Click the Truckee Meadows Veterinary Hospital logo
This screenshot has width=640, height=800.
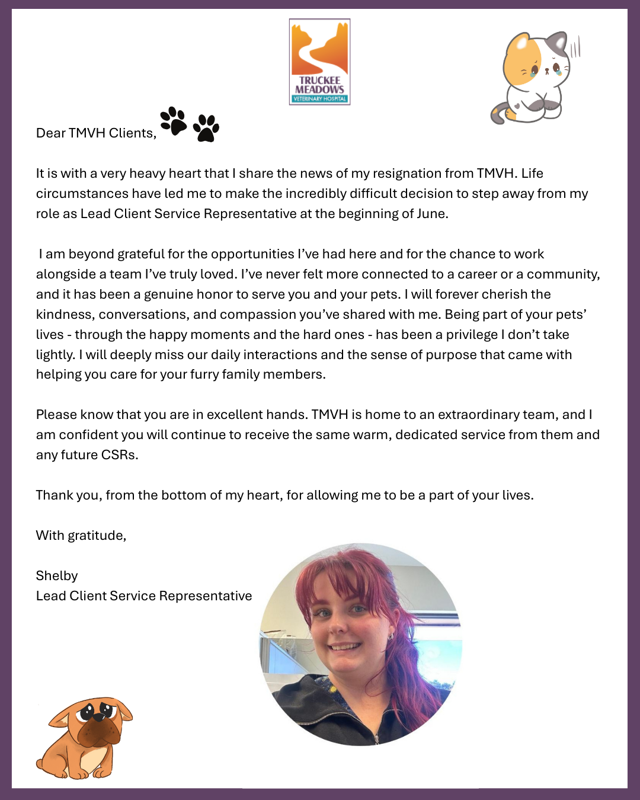[319, 62]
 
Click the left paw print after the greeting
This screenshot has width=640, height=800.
[173, 121]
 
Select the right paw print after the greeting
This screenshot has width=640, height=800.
[206, 128]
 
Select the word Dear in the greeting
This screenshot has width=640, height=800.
[51, 133]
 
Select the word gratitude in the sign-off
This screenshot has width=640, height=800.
[97, 536]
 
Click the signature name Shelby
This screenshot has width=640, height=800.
[57, 576]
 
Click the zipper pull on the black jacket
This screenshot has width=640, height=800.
[376, 738]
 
